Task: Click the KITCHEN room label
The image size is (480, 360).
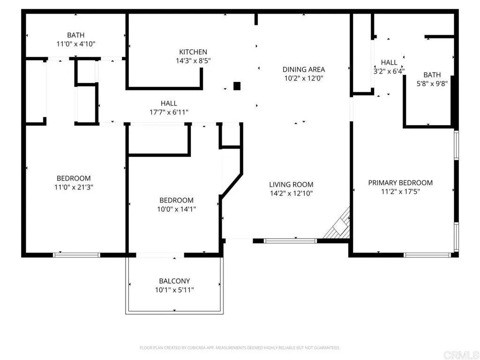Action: coord(193,52)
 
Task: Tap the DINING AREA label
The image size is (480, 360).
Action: coord(303,70)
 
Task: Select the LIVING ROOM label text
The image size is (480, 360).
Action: coord(291,185)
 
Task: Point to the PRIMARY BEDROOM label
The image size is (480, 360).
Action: coord(400,183)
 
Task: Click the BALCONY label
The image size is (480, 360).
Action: coord(174,281)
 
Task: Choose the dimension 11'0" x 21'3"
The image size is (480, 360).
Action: coord(74,187)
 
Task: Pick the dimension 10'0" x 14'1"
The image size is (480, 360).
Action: coord(176,209)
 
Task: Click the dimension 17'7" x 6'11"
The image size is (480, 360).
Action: coord(169,112)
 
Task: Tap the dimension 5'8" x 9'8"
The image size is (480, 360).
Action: coord(432,84)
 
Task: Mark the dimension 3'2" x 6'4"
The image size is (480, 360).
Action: coord(389,71)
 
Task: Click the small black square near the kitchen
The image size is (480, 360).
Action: coord(237,86)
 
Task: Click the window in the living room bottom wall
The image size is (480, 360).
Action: coord(291,241)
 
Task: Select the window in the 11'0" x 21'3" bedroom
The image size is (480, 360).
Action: coord(76,255)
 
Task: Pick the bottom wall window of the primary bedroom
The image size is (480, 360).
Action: coord(427,255)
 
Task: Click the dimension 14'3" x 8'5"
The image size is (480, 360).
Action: coord(193,60)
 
